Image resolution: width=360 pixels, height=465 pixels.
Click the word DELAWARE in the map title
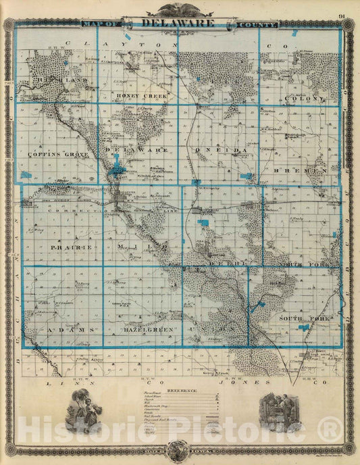179,22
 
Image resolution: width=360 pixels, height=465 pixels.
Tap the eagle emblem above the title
180,9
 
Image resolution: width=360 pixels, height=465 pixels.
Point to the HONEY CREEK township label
140,96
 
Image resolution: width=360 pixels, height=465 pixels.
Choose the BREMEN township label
309,172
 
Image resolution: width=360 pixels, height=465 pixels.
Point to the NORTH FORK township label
303,264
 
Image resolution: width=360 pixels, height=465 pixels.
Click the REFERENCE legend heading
178,390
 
